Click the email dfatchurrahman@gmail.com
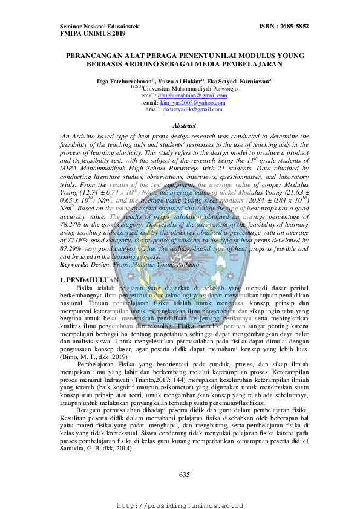pyautogui.click(x=188, y=96)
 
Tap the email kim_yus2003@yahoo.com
pyautogui.click(x=188, y=103)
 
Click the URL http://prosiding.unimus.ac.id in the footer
pyautogui.click(x=180, y=504)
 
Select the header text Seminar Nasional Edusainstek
pyautogui.click(x=100, y=27)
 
